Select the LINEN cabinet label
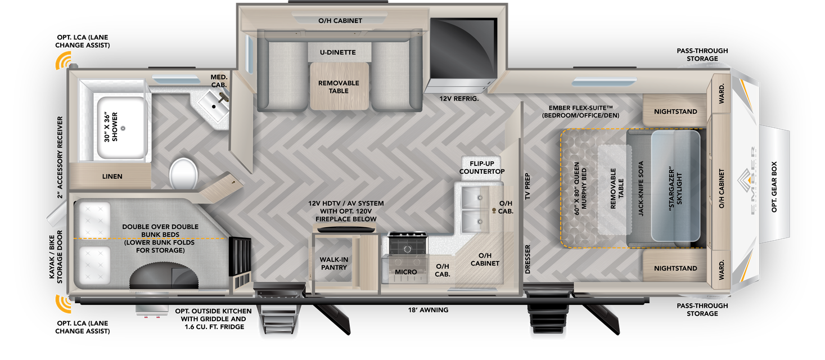point(112,177)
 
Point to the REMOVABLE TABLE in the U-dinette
point(339,87)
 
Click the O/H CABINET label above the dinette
point(340,21)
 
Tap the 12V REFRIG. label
point(459,98)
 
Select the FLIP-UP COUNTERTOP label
point(482,167)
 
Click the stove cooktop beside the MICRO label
point(407,246)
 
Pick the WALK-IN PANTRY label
point(333,263)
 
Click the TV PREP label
point(528,187)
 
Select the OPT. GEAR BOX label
point(774,187)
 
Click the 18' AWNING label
point(428,310)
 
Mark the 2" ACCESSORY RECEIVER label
point(60,157)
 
